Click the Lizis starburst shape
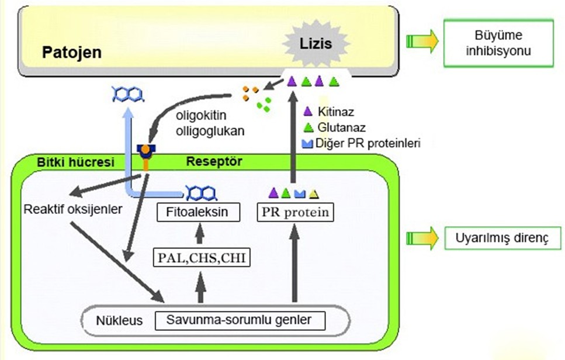316,44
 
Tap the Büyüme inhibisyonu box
498,44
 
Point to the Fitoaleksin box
199,213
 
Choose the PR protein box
293,213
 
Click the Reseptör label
213,161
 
